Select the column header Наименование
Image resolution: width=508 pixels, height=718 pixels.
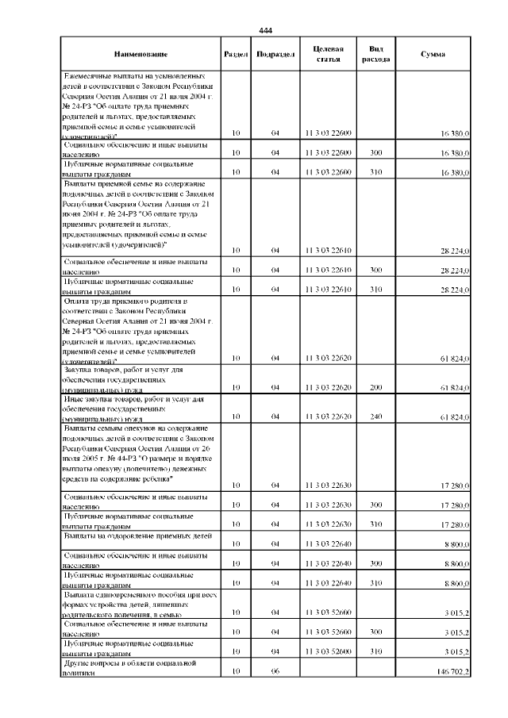click(140, 54)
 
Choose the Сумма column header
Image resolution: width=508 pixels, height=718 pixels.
click(433, 54)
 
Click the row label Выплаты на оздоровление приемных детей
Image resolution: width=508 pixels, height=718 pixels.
click(137, 537)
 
